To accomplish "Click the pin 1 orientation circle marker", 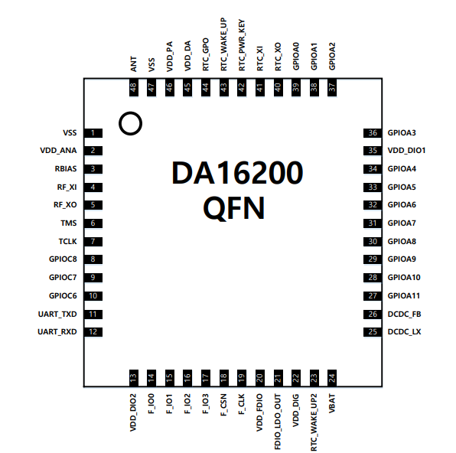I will coord(131,122).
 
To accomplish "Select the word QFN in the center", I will coord(236,207).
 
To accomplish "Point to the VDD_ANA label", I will coord(58,151).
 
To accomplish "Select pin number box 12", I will coord(93,332).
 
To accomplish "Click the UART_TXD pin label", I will coord(57,314).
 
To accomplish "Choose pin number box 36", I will coord(373,133).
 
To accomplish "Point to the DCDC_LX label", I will coord(405,332).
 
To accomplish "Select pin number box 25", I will coord(373,332).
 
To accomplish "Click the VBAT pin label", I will coord(332,405).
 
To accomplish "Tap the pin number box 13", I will coord(134,377).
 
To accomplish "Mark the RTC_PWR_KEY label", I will coord(242,45).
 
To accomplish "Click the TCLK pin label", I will coord(67,241).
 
